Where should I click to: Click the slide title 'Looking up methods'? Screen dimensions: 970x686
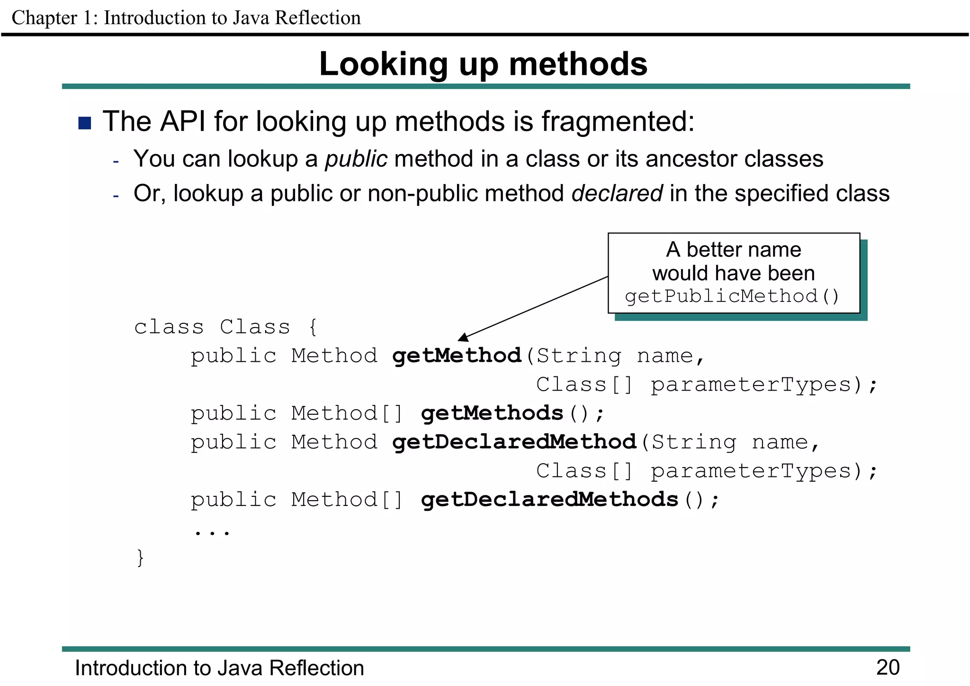coord(483,64)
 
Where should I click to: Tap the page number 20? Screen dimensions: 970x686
coord(888,668)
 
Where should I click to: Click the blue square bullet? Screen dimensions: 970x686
coord(85,123)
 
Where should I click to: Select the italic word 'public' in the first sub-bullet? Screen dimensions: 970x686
coord(356,159)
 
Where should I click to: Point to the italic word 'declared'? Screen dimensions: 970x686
coord(617,193)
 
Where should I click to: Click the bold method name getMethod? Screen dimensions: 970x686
coord(457,356)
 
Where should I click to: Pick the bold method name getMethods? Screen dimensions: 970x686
coord(492,413)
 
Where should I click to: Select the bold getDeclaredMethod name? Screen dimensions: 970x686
coord(514,442)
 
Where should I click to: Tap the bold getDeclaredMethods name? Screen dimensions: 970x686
coord(549,499)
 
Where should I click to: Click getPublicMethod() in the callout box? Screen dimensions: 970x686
coord(732,296)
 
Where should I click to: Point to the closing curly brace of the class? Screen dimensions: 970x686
coord(140,558)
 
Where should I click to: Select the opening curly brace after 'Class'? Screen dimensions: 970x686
coord(313,327)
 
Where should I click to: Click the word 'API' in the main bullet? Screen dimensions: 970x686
coord(182,121)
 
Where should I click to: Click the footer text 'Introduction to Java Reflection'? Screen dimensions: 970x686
coord(219,668)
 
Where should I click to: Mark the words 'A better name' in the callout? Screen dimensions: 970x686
coord(733,249)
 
